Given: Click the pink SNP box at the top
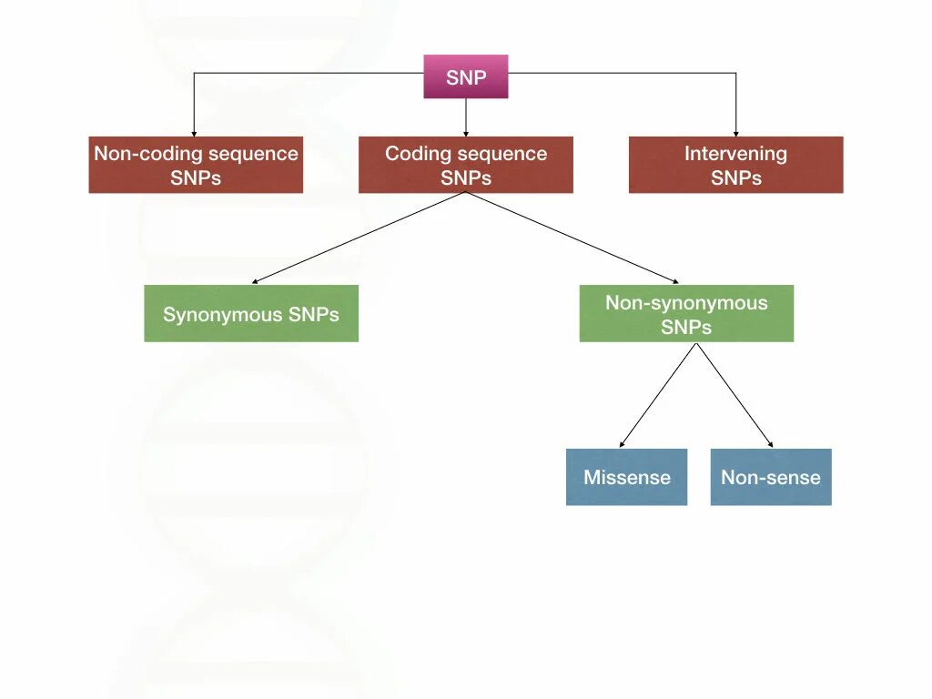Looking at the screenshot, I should click(465, 77).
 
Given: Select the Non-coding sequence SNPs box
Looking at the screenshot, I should click(196, 165).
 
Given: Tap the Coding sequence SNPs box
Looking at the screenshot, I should click(465, 165).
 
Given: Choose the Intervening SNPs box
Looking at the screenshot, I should click(735, 165).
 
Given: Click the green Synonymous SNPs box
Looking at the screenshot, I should click(251, 314).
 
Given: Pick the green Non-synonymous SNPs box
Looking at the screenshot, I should click(686, 314).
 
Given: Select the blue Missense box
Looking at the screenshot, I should click(626, 477).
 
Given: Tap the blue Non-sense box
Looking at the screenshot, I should click(770, 477).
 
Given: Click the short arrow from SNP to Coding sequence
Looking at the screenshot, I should click(465, 116).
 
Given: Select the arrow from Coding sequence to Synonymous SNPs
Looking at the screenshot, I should click(360, 238).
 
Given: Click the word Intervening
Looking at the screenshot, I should click(735, 154).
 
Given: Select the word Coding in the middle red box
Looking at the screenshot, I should click(410, 154).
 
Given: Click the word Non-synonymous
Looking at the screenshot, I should click(686, 303).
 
